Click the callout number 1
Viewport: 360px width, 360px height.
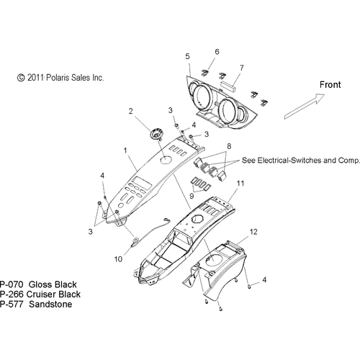coord(125,150)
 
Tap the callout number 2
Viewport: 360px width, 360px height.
coord(130,112)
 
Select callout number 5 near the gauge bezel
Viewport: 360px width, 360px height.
coord(187,56)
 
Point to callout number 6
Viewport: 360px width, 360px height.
coord(217,52)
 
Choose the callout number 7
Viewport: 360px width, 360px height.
coord(242,68)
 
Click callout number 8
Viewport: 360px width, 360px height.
coord(229,146)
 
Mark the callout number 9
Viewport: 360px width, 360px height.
coord(192,196)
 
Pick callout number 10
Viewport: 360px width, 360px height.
coord(118,259)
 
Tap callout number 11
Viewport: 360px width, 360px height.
coord(240,184)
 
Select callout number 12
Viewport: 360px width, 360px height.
coord(253,232)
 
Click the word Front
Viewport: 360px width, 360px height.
coord(330,85)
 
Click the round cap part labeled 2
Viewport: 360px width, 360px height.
coord(157,134)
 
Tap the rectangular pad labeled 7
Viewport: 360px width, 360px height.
coord(228,86)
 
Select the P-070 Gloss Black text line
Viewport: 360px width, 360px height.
coord(38,284)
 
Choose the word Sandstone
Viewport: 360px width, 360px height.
coord(50,305)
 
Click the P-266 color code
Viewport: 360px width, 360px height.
coord(12,294)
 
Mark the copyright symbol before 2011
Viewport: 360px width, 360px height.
coord(21,78)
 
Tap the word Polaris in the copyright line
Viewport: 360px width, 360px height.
coord(57,78)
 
